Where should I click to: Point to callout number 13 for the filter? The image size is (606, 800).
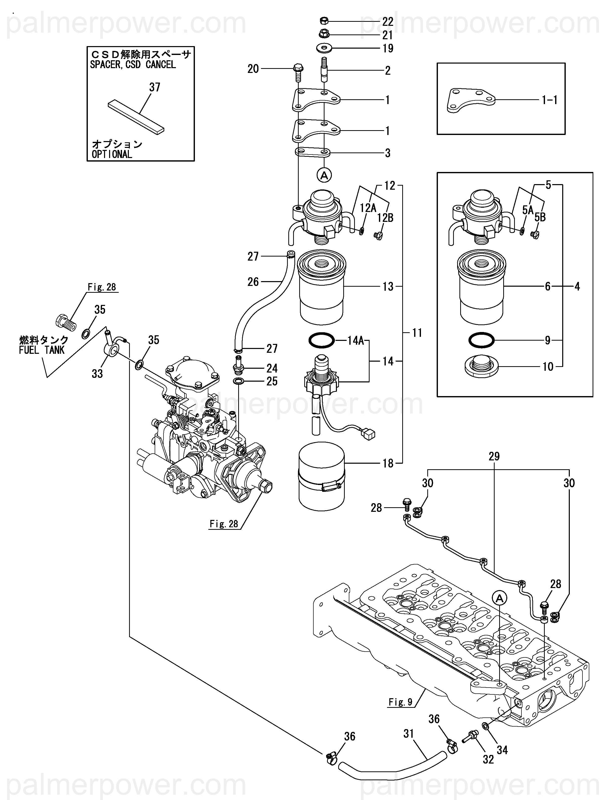coord(388,286)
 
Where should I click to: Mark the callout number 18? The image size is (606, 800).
coord(388,463)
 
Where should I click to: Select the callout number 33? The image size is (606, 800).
coord(97,374)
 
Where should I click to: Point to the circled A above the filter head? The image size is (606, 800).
coord(324,175)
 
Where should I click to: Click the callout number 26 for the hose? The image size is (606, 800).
coord(253,282)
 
